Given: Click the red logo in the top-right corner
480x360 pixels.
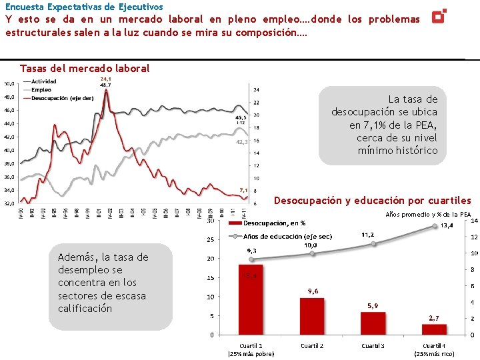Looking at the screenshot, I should pyautogui.click(x=439, y=15).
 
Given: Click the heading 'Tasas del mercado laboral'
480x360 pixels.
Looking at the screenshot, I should pyautogui.click(x=85, y=68).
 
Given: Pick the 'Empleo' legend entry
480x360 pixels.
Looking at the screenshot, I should pyautogui.click(x=41, y=89).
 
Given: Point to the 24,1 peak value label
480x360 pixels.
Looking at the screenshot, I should pyautogui.click(x=105, y=79).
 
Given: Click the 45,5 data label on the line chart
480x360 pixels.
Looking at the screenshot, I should pyautogui.click(x=241, y=117).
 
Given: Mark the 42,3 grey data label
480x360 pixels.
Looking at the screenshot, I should pyautogui.click(x=241, y=141).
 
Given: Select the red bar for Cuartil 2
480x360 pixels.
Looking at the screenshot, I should pyautogui.click(x=312, y=316).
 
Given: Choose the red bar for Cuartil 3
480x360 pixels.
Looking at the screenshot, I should pyautogui.click(x=373, y=323).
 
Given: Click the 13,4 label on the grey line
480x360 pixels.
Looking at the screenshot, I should pyautogui.click(x=447, y=225).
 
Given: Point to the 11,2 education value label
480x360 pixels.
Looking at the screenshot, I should pyautogui.click(x=367, y=235).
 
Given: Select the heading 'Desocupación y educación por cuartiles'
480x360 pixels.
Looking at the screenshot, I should pyautogui.click(x=372, y=201).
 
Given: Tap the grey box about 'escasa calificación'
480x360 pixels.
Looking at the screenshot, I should pyautogui.click(x=110, y=283).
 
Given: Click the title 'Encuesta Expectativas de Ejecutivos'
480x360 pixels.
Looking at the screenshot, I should pyautogui.click(x=84, y=7).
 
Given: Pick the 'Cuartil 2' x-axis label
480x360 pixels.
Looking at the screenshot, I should pyautogui.click(x=312, y=345).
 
